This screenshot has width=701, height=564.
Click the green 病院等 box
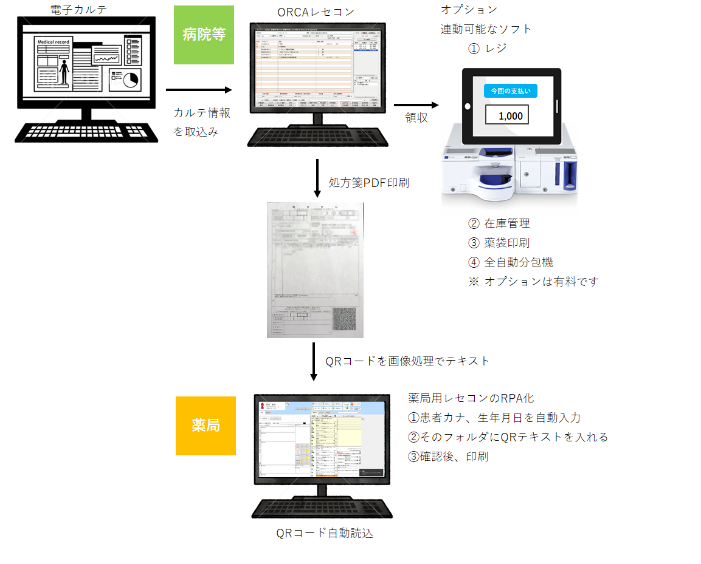click(204, 35)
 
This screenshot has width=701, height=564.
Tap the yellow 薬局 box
click(205, 426)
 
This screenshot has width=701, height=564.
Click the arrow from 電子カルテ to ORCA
click(199, 90)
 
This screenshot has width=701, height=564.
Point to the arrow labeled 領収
click(416, 104)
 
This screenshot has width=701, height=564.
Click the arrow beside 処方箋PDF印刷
click(317, 178)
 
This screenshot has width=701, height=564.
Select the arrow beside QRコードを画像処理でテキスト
click(314, 362)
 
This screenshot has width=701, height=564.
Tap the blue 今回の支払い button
click(510, 91)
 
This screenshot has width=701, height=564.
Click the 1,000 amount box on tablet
click(506, 115)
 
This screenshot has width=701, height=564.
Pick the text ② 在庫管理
click(499, 223)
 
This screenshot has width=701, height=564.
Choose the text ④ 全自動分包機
click(511, 262)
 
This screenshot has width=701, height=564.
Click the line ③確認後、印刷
click(448, 457)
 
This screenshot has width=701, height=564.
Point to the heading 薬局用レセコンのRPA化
click(471, 398)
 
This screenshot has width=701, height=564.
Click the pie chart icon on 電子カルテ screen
click(125, 79)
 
